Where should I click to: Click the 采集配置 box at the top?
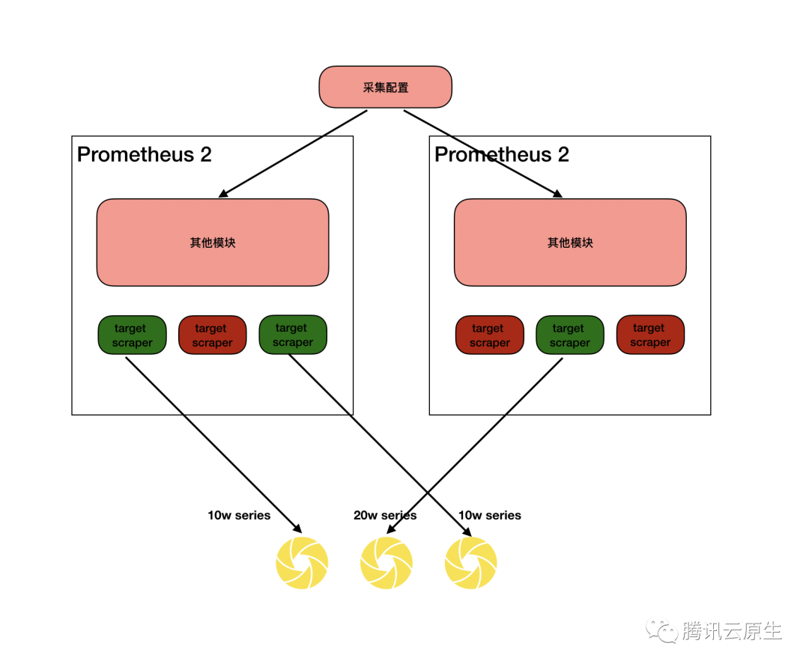385,87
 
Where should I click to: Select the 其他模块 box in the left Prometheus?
213,243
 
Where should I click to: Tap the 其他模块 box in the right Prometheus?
570,243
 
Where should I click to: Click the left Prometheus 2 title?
145,155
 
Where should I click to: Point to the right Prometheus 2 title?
502,155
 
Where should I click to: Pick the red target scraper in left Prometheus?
212,335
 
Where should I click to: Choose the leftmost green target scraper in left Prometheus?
132,335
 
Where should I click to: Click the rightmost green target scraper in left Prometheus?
292,335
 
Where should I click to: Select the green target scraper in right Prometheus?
569,335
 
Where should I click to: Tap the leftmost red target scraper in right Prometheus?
489,335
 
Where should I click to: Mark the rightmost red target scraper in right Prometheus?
650,335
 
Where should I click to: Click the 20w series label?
384,515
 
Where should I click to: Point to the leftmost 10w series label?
239,515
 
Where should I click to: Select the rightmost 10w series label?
489,515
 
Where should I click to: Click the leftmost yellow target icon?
302,562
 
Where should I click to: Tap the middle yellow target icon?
387,562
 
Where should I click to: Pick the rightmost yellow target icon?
470,562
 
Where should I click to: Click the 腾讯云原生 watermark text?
732,631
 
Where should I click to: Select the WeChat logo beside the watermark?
663,630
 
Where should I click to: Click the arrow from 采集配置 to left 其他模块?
292,153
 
